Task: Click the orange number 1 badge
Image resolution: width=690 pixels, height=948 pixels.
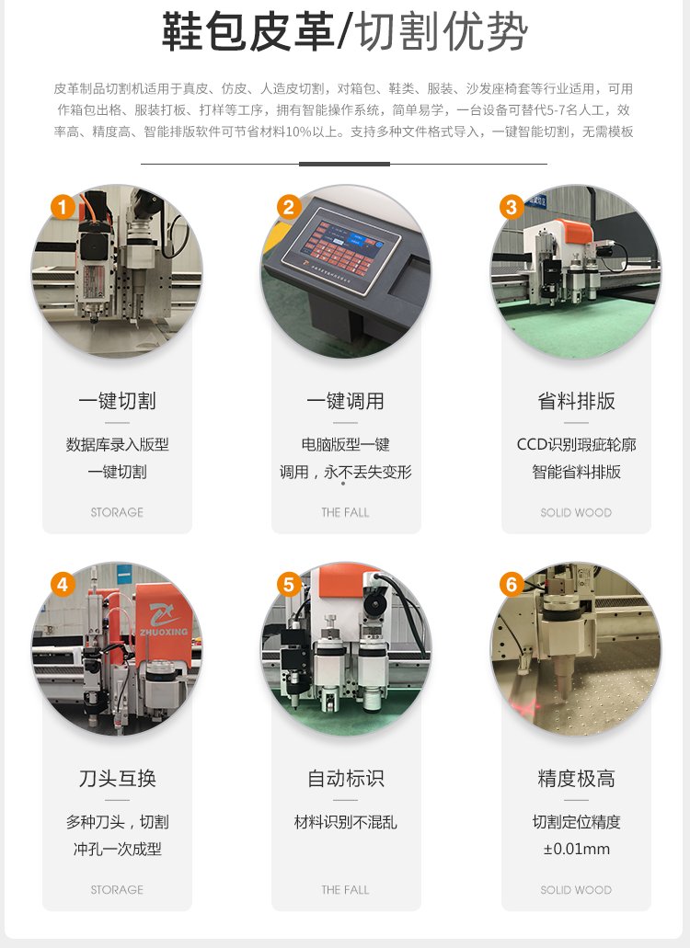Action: tap(63, 208)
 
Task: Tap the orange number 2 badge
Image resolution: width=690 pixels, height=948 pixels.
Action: tap(289, 208)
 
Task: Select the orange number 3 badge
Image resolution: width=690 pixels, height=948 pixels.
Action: tap(512, 208)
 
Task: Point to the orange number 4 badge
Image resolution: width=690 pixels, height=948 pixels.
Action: tap(63, 585)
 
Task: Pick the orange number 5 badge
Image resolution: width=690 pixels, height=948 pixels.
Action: tap(289, 585)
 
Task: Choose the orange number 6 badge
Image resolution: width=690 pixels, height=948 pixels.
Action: tap(512, 585)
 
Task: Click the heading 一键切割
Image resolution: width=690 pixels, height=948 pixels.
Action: tap(118, 401)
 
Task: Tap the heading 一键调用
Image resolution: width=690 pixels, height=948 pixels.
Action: tap(346, 401)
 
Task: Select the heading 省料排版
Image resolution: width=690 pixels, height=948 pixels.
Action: tap(576, 401)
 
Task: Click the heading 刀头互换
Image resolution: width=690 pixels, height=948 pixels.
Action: tap(118, 778)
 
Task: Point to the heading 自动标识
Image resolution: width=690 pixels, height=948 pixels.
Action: tap(346, 778)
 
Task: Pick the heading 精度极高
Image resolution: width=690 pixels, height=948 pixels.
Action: tap(576, 778)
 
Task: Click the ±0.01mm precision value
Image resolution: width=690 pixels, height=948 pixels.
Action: tap(576, 849)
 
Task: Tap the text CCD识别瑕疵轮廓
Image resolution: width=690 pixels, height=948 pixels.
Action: tap(576, 445)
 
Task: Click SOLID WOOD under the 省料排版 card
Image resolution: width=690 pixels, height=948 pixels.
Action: tap(576, 513)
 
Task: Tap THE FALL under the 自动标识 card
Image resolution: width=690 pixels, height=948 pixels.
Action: tap(345, 890)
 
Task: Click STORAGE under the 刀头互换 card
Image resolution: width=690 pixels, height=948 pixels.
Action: tap(118, 890)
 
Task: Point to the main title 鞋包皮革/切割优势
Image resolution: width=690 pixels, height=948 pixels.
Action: tap(345, 31)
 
